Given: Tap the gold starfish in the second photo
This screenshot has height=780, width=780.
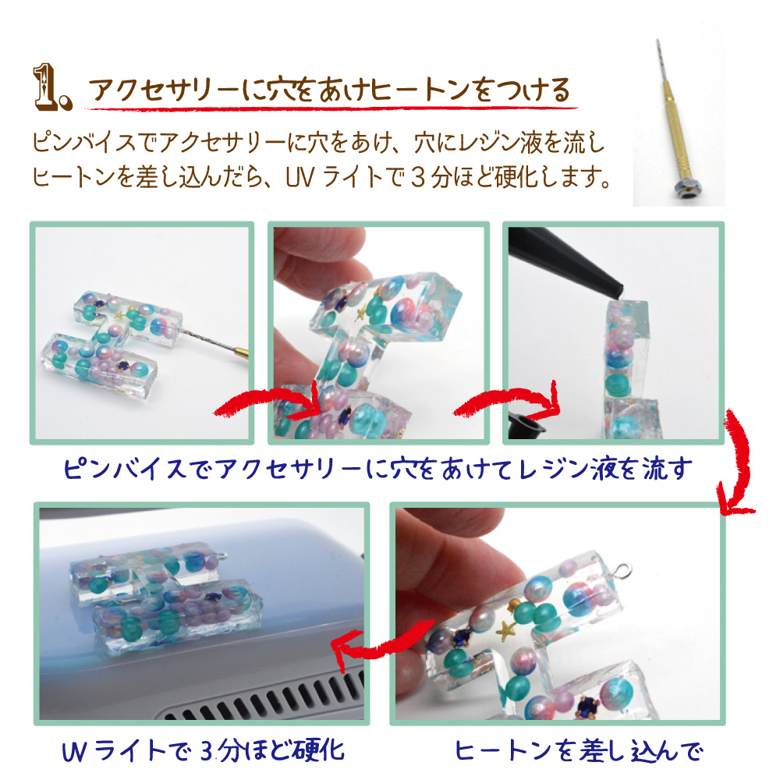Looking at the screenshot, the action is (x=361, y=314).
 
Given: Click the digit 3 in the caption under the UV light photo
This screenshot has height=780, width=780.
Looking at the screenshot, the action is (x=207, y=751).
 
